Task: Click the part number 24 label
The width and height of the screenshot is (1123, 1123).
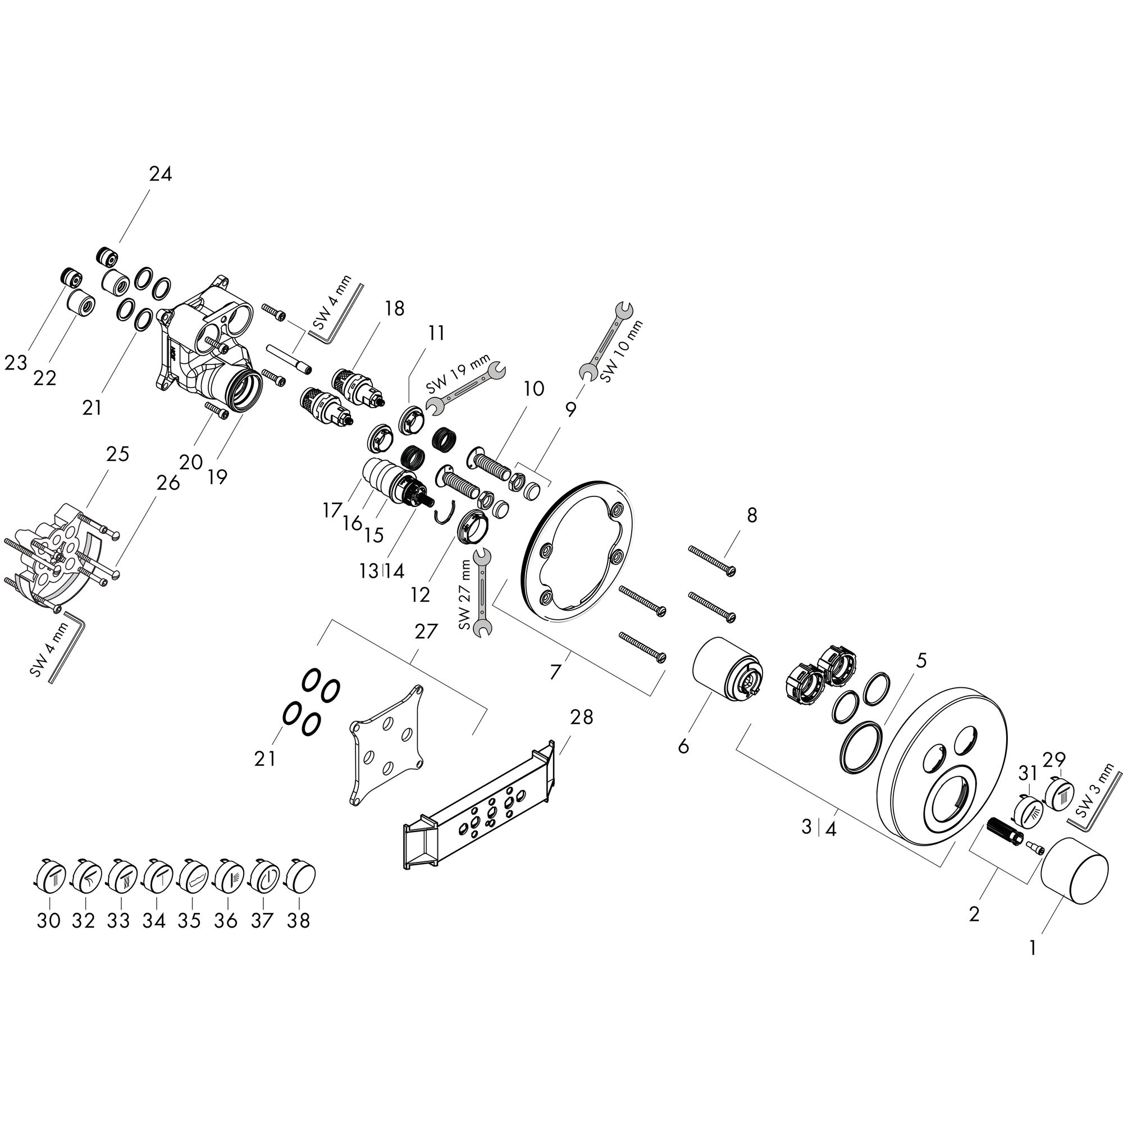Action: (x=161, y=174)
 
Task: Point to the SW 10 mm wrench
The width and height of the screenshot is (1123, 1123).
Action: (x=608, y=340)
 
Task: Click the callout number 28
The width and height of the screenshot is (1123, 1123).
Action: (x=581, y=717)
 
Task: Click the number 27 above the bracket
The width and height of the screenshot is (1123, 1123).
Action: (x=425, y=631)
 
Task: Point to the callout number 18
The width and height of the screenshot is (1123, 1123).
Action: (x=394, y=308)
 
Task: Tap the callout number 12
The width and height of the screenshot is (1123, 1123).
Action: (x=419, y=595)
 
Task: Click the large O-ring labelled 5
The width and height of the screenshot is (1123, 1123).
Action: (x=860, y=746)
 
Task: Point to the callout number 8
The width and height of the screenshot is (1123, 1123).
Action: (x=752, y=514)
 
